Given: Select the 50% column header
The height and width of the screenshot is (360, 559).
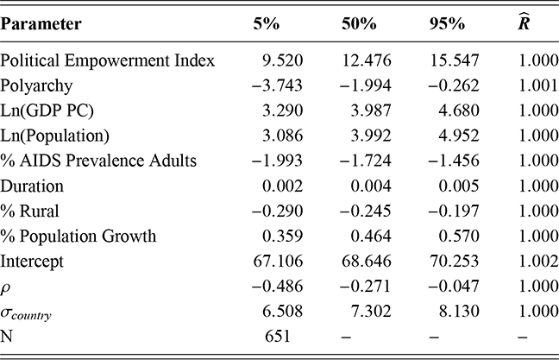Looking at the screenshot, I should coord(357,24).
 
